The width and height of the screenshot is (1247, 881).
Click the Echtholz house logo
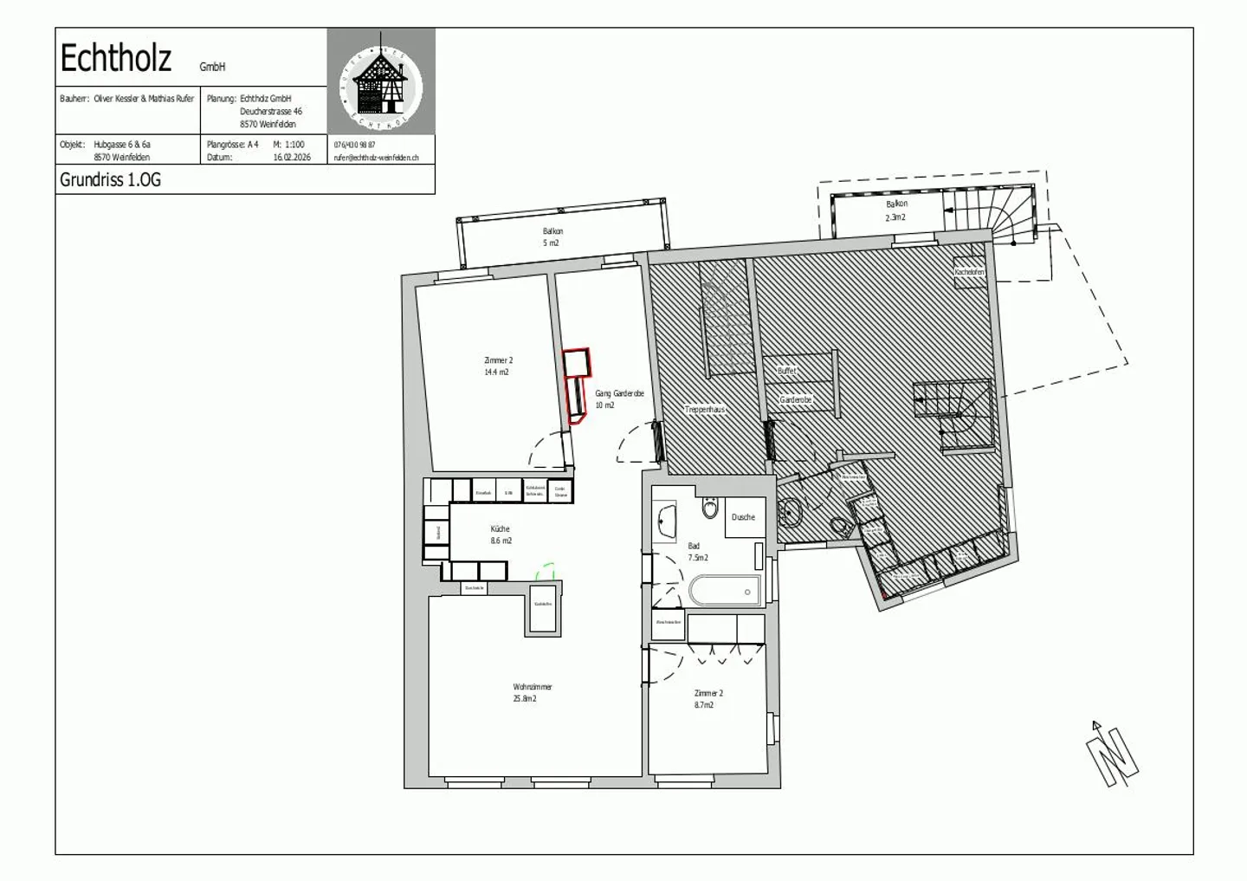[381, 81]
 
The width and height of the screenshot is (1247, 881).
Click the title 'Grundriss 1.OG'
[110, 180]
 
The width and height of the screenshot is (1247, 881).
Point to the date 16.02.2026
[292, 158]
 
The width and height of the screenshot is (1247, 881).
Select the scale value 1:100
[294, 145]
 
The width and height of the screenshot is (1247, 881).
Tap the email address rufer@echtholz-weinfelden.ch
[376, 158]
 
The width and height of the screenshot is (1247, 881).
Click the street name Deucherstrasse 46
[271, 111]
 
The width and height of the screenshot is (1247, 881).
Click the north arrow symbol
[1112, 753]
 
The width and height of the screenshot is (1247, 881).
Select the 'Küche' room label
[500, 528]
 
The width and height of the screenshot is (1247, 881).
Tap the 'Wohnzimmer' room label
[532, 687]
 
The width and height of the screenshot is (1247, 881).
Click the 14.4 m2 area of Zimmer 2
[496, 372]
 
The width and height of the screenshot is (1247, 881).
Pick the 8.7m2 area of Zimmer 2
[703, 705]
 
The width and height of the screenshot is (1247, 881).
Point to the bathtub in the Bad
[725, 592]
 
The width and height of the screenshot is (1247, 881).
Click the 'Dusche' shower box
[743, 517]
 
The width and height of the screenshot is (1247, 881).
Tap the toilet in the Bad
[710, 508]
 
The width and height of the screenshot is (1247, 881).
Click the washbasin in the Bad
[665, 521]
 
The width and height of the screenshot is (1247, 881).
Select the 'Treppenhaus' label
[704, 409]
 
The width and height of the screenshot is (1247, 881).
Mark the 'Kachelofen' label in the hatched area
[969, 272]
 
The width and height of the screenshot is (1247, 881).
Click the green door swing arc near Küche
[546, 571]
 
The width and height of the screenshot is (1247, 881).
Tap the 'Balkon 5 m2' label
[552, 237]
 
